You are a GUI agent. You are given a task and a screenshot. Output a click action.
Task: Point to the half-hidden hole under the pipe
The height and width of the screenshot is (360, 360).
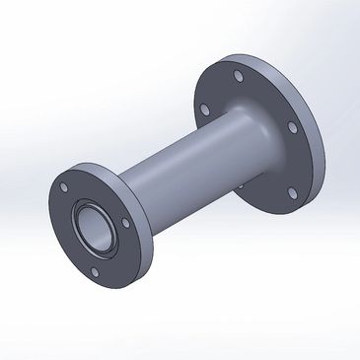coord(241,187)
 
